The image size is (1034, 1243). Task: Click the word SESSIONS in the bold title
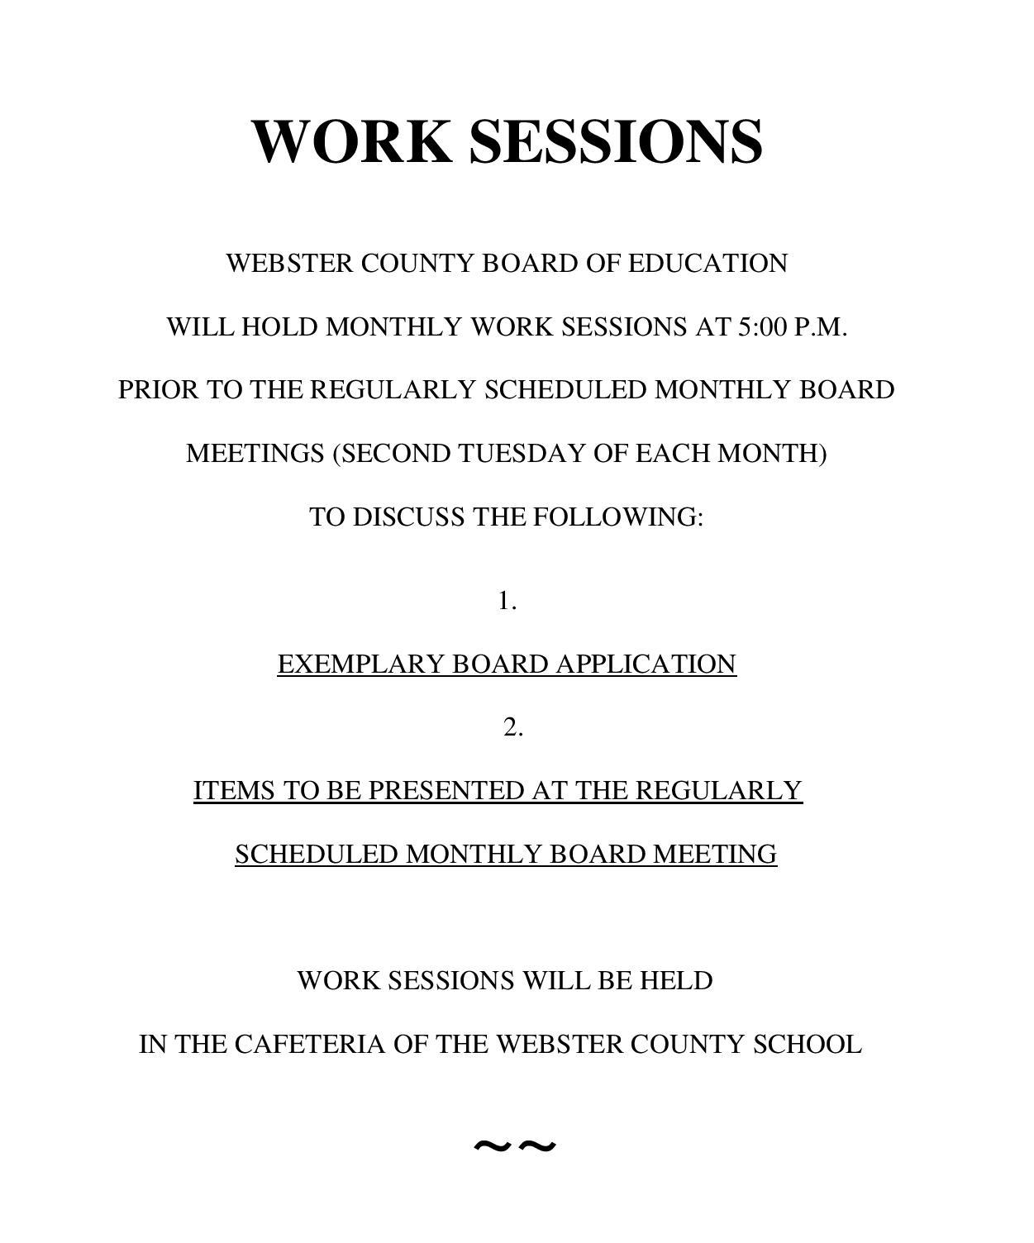pyautogui.click(x=616, y=141)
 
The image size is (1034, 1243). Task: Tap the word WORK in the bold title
pyautogui.click(x=352, y=141)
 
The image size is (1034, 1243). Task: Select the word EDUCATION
pyautogui.click(x=708, y=264)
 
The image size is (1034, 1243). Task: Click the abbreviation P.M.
pyautogui.click(x=820, y=327)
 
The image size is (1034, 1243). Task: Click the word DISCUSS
pyautogui.click(x=408, y=517)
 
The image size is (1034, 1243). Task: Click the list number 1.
pyautogui.click(x=507, y=601)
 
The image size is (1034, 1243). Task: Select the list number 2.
pyautogui.click(x=512, y=727)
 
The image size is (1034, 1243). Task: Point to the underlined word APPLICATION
pyautogui.click(x=646, y=664)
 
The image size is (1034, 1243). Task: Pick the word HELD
pyautogui.click(x=676, y=981)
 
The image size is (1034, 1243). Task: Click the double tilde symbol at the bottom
pyautogui.click(x=514, y=1146)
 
